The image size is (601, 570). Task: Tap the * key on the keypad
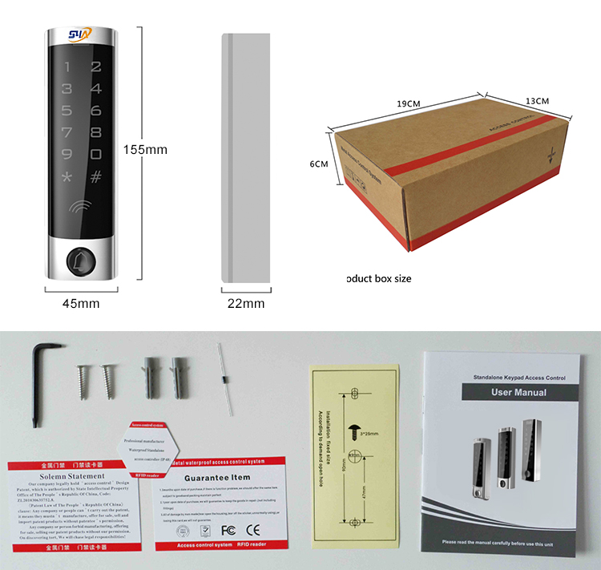(x=67, y=176)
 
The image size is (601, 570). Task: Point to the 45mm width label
(x=81, y=303)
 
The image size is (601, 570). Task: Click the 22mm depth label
(x=246, y=303)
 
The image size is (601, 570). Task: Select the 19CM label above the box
(x=409, y=103)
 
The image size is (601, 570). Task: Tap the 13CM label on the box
(x=536, y=101)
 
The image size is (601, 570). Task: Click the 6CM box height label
(x=319, y=164)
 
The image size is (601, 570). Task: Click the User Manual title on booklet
(x=518, y=393)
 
